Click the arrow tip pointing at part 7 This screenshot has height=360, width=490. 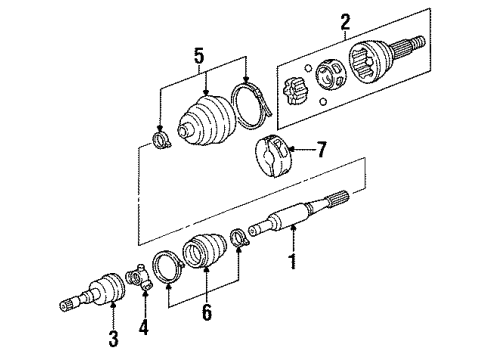coord(291,152)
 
